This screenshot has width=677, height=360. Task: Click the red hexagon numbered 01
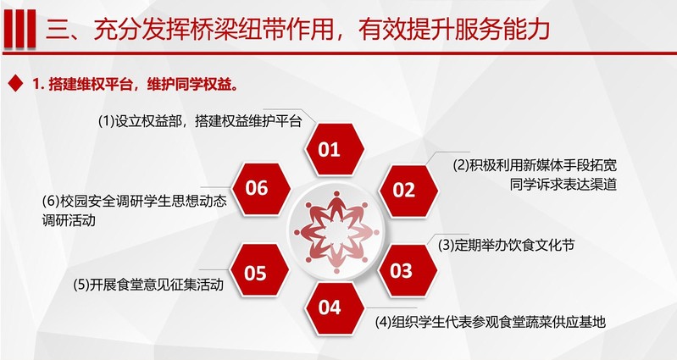(x=334, y=149)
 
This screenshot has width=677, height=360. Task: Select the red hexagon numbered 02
(x=408, y=191)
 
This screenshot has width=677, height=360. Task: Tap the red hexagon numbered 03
(x=408, y=271)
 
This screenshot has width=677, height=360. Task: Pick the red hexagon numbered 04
(x=334, y=307)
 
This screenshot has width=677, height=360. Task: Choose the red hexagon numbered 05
(x=259, y=271)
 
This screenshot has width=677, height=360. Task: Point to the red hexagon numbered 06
(x=261, y=189)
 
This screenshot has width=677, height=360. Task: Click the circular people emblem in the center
(x=336, y=232)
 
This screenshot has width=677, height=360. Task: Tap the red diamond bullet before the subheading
(x=15, y=83)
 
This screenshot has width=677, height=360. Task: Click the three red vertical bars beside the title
(x=19, y=29)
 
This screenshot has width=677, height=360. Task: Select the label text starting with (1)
(x=200, y=121)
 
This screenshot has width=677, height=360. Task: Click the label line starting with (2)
(x=535, y=165)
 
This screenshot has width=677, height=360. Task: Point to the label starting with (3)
(x=506, y=245)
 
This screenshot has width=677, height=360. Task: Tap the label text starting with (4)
(x=490, y=322)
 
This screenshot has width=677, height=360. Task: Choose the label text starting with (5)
(x=148, y=285)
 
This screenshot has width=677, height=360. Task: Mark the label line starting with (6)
(x=134, y=201)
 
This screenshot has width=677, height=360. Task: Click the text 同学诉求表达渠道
(x=563, y=185)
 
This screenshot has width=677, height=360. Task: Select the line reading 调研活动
(x=69, y=220)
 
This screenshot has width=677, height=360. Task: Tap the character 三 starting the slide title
(x=58, y=30)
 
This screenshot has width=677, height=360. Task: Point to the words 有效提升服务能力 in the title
(x=453, y=30)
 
